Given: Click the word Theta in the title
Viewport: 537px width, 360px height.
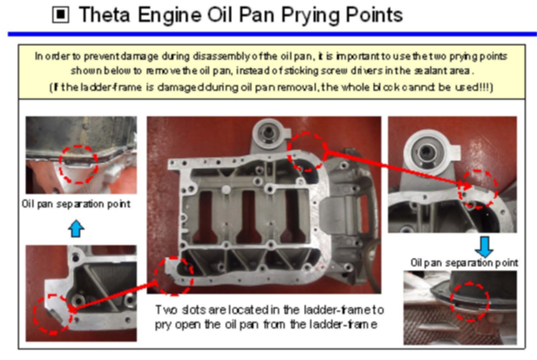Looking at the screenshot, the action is pos(105,15).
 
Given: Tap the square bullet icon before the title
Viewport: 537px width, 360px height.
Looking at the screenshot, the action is pos(61,15).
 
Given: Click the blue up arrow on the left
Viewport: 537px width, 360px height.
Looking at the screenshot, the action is pos(76,229).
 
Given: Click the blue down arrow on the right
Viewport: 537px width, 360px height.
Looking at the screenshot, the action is pos(484,247).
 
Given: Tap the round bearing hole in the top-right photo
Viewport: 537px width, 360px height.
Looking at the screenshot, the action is pos(425,151).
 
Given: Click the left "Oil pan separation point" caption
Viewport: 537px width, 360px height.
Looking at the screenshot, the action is pos(76,204).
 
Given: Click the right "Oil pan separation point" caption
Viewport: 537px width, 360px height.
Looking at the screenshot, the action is pos(464,263).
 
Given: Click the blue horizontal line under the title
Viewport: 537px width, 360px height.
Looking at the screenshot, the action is pos(272,34).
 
